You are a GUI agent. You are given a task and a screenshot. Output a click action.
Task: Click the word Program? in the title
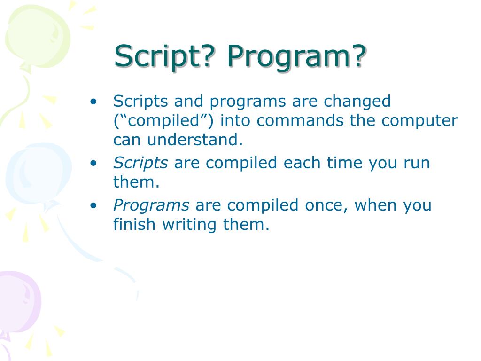[297, 57]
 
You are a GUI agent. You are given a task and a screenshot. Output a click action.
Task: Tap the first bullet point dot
[93, 102]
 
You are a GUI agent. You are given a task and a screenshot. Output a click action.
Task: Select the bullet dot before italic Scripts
[93, 163]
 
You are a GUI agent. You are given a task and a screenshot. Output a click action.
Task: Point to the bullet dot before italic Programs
[93, 205]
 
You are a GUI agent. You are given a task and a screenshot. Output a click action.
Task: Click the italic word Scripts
[140, 163]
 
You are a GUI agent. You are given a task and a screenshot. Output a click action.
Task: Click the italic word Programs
[151, 205]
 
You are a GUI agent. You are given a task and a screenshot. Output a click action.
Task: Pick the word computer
[419, 121]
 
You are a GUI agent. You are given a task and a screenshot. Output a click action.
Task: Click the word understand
[195, 139]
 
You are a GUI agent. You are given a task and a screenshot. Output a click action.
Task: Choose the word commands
[300, 120]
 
